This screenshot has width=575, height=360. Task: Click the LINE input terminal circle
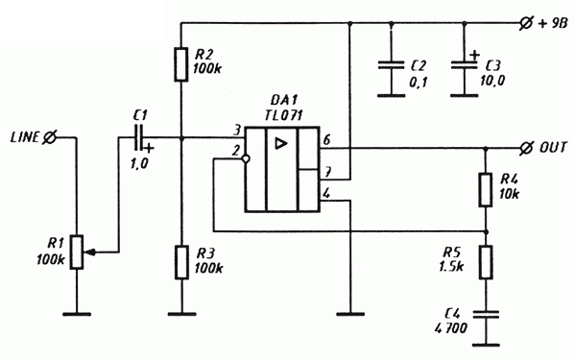(x=49, y=138)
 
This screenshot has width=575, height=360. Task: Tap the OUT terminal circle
(x=526, y=148)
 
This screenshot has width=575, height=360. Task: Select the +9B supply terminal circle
(x=526, y=23)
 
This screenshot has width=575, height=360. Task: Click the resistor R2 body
(x=181, y=64)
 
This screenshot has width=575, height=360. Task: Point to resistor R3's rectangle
(x=181, y=262)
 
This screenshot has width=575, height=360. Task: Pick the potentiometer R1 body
(x=77, y=252)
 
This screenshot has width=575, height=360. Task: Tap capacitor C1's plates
(x=140, y=138)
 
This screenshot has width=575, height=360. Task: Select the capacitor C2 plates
(x=392, y=65)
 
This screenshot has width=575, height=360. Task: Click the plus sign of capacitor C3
(x=474, y=56)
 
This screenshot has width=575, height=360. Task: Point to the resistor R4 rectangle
(x=486, y=190)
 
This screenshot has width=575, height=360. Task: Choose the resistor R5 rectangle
(x=486, y=262)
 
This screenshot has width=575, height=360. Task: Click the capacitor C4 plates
(x=486, y=314)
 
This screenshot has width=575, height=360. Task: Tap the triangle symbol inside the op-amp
(x=281, y=143)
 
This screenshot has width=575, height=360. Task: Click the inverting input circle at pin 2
(x=246, y=158)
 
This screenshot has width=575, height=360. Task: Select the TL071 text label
(x=283, y=115)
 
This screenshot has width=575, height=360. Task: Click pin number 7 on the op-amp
(x=327, y=172)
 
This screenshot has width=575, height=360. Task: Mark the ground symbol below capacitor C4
(x=486, y=345)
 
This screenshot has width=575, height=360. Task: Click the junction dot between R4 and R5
(x=486, y=232)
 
